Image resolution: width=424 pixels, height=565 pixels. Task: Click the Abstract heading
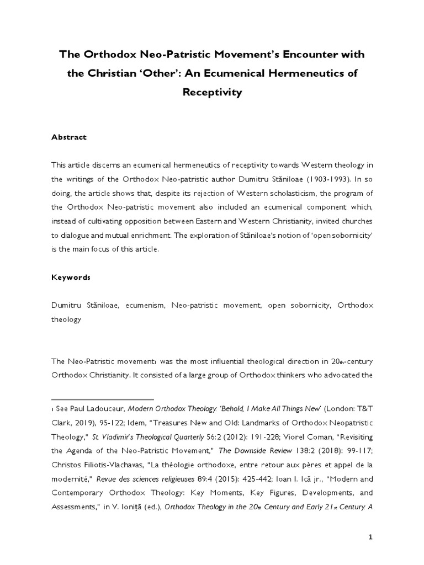point(69,137)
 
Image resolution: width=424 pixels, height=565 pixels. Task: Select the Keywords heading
point(71,278)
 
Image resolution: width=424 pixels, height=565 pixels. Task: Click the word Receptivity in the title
point(212,93)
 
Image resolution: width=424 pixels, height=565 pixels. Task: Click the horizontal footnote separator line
point(102,399)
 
